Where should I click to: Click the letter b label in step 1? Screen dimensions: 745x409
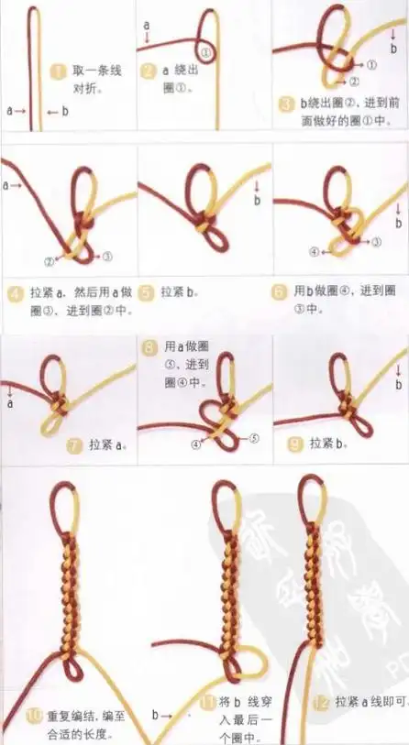(x=64, y=111)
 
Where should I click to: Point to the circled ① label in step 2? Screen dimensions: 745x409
(x=207, y=53)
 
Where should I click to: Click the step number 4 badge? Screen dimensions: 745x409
(x=15, y=293)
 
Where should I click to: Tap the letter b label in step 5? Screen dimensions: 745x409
(x=257, y=199)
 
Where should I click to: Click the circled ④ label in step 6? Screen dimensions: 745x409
(x=314, y=250)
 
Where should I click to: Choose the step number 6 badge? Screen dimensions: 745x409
(x=279, y=292)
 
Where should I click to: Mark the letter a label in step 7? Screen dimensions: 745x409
(x=9, y=401)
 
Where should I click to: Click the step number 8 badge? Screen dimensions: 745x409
(x=150, y=347)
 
